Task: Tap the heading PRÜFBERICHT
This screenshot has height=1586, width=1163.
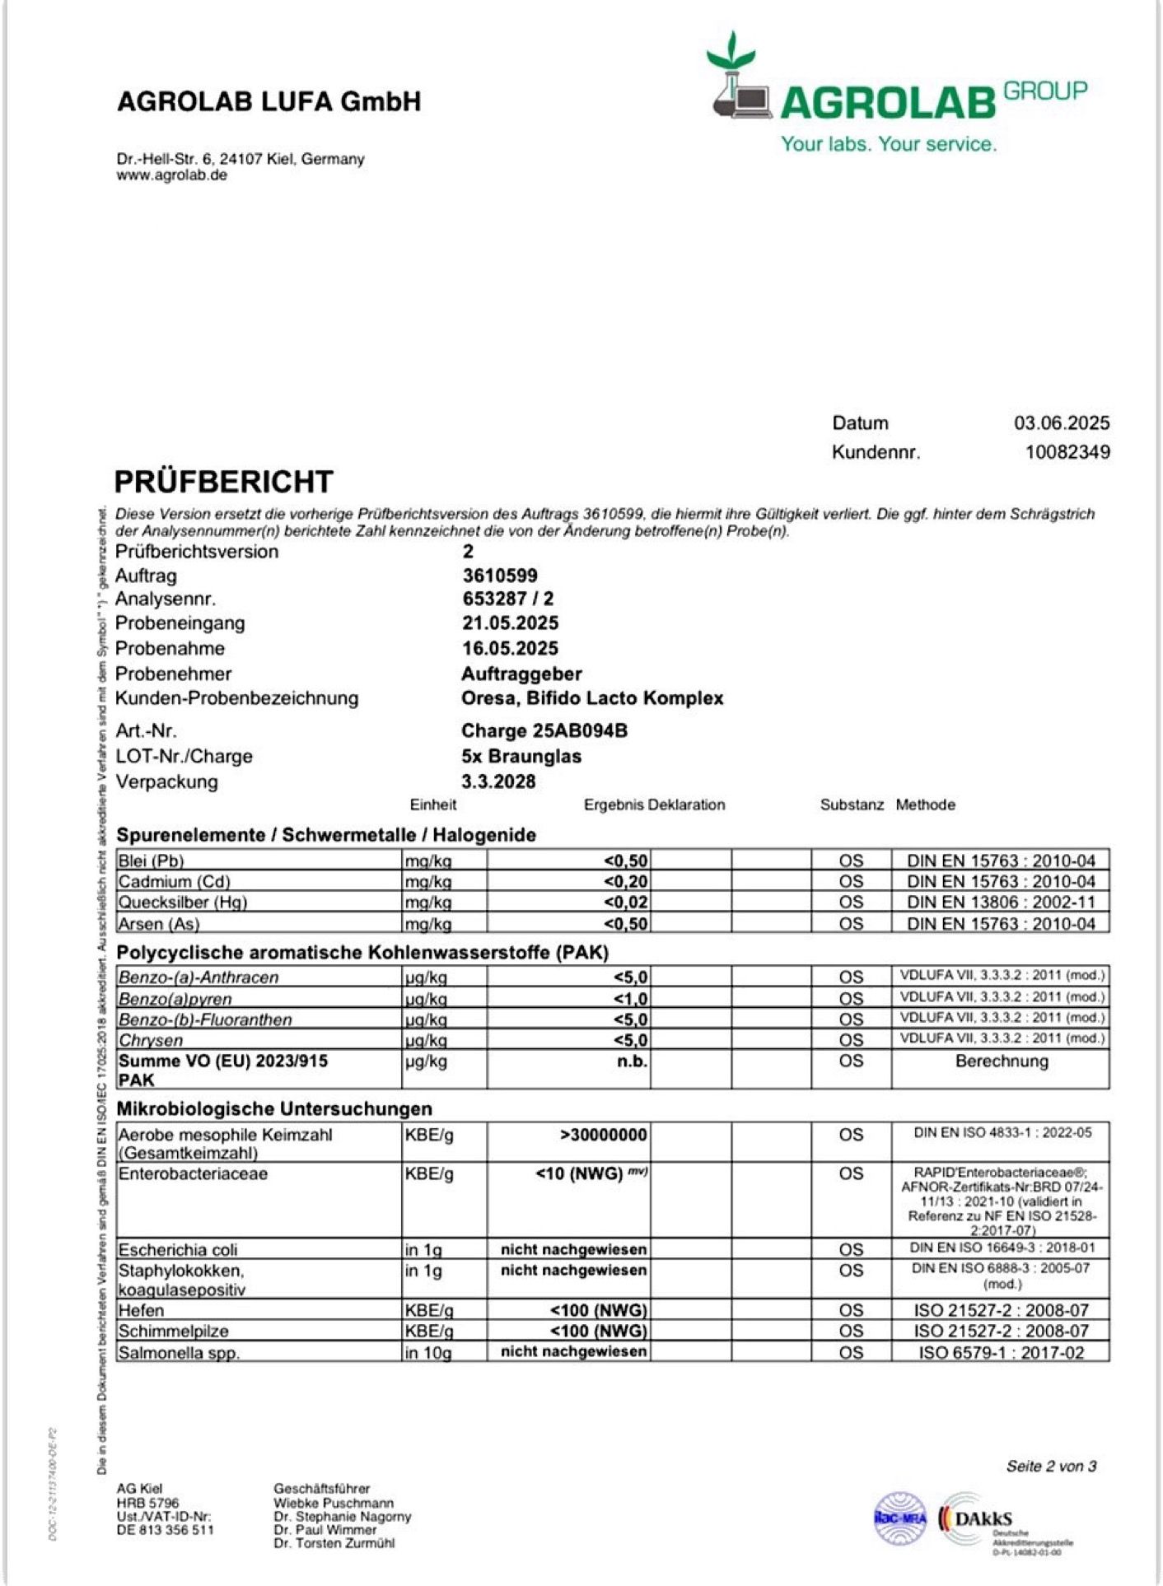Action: (223, 482)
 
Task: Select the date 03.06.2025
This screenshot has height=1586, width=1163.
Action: (1061, 423)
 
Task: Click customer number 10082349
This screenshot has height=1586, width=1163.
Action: (1067, 452)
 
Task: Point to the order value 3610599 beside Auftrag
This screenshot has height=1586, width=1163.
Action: (499, 576)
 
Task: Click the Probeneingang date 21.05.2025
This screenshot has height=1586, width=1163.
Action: (510, 623)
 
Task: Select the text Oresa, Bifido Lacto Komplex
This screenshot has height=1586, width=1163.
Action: (591, 698)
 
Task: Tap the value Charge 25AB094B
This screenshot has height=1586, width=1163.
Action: (544, 731)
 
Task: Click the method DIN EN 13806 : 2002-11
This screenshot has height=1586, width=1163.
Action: (1001, 903)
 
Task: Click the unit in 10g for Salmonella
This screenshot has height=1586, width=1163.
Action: (427, 1352)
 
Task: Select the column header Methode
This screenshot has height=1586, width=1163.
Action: (925, 805)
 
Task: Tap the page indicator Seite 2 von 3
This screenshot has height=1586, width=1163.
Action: (1051, 1467)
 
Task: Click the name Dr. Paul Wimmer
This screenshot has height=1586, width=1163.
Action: (325, 1529)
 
